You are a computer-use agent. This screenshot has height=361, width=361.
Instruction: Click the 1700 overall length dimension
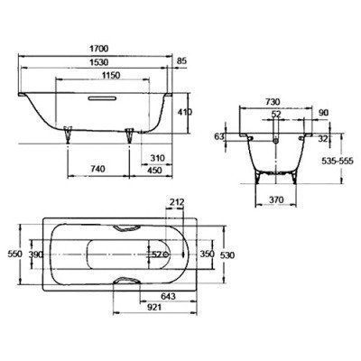click(98, 48)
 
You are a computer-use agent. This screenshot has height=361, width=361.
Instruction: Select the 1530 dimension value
click(98, 62)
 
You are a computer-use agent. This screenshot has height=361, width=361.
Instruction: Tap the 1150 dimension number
click(110, 75)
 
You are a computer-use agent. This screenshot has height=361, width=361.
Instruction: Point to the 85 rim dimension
click(181, 61)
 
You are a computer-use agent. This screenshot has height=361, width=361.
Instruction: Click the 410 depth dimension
click(185, 112)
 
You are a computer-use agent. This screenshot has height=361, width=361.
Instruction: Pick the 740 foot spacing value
click(97, 169)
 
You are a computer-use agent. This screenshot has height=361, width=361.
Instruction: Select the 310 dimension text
click(157, 158)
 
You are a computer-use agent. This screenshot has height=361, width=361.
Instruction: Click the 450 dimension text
click(154, 171)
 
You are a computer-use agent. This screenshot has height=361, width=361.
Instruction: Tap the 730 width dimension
click(272, 102)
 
